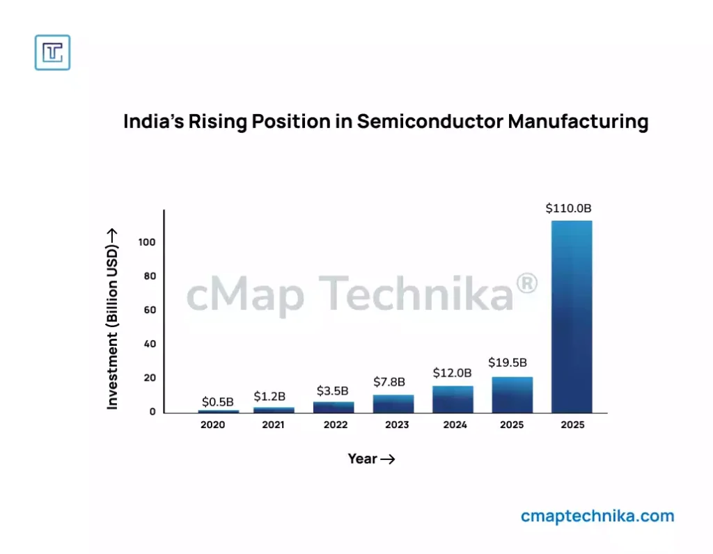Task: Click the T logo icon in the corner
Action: click(52, 52)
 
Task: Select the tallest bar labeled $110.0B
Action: click(572, 317)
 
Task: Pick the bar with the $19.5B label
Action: click(512, 395)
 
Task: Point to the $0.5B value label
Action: click(218, 402)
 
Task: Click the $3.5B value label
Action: click(333, 390)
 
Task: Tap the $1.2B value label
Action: click(269, 396)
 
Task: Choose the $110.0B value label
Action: click(568, 208)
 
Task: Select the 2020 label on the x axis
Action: click(213, 425)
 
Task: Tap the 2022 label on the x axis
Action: click(336, 425)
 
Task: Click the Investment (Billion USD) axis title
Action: click(112, 318)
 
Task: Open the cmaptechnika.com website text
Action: click(597, 516)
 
